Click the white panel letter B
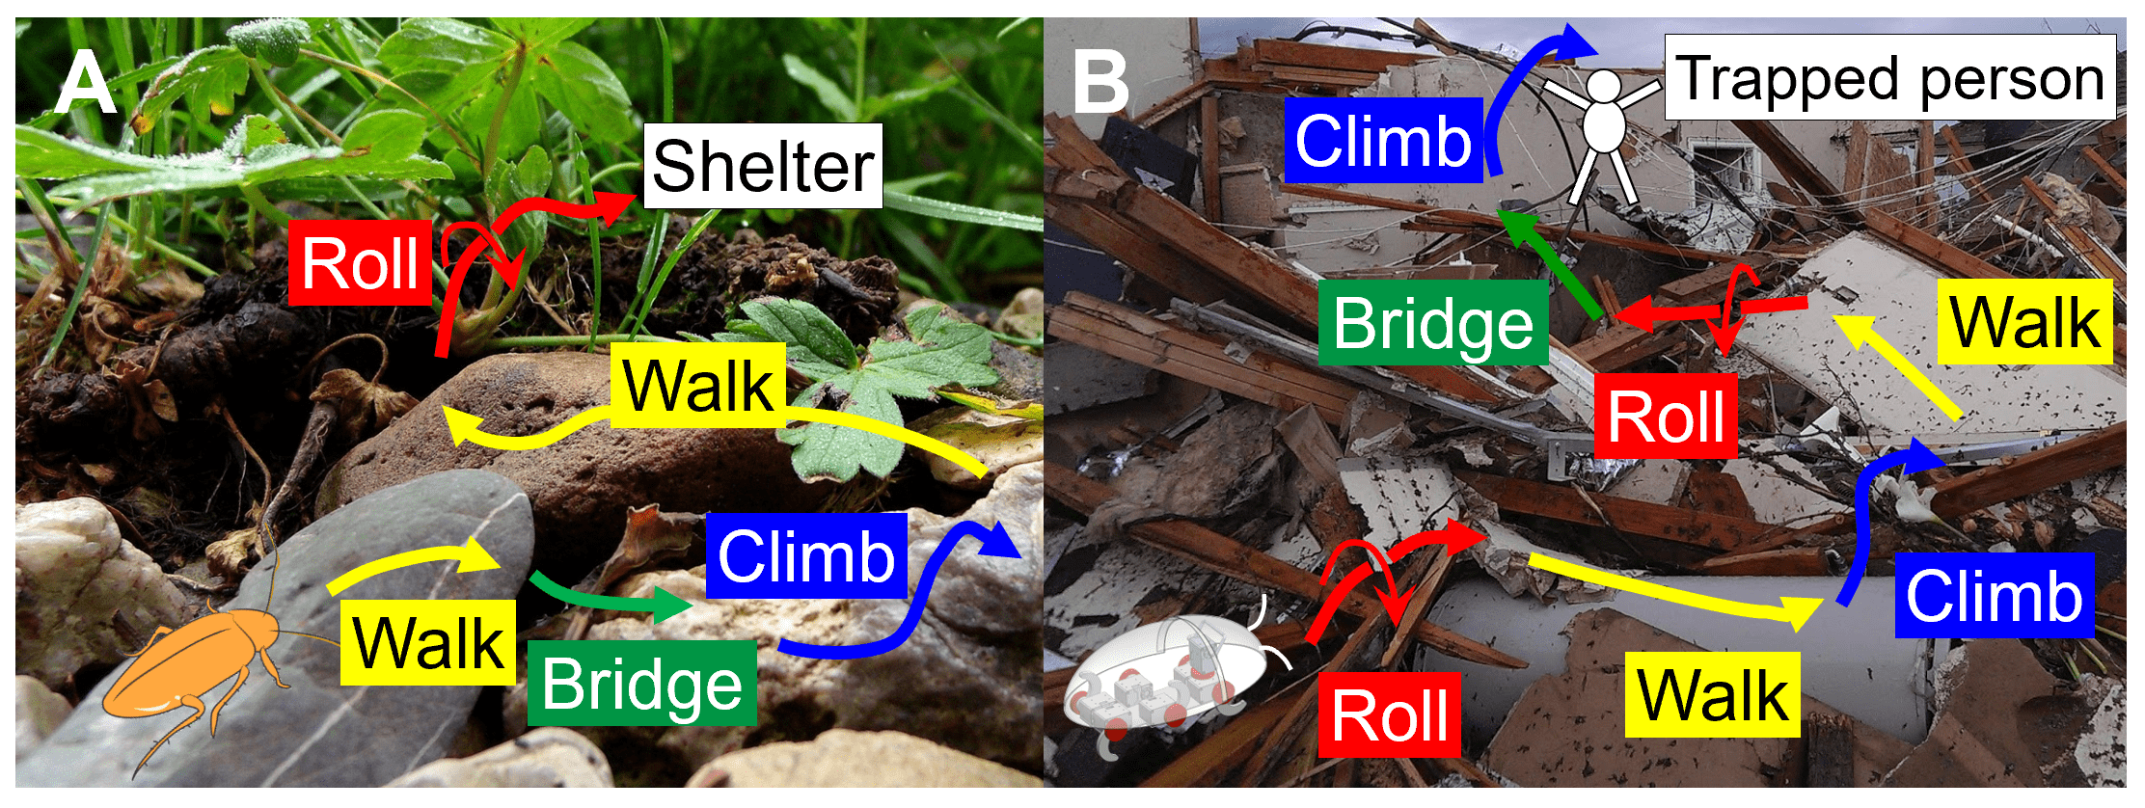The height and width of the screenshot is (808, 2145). click(x=1100, y=84)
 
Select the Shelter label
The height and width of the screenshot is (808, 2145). click(x=763, y=166)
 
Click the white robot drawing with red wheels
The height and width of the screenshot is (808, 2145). click(x=1157, y=680)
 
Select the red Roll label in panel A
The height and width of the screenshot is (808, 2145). click(x=361, y=263)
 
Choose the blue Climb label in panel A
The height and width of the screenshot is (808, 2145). click(x=806, y=556)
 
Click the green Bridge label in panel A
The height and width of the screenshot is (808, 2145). click(x=641, y=684)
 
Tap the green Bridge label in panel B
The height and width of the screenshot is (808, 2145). click(x=1433, y=323)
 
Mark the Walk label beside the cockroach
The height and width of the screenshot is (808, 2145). click(x=428, y=642)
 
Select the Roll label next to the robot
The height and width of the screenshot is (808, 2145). click(x=1389, y=715)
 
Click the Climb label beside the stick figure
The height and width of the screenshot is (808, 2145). click(x=1383, y=141)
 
